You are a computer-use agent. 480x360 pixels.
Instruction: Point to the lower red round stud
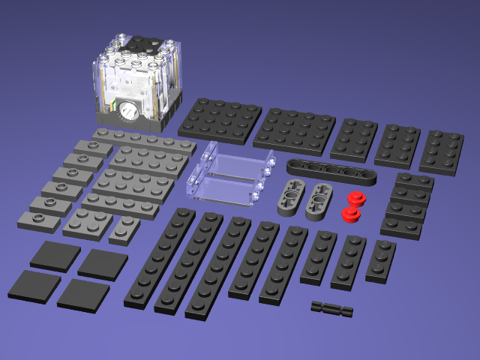349,214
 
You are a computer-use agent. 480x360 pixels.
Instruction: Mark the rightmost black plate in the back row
442,152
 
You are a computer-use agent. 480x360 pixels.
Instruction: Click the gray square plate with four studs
88,223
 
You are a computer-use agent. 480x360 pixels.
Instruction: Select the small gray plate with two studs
124,230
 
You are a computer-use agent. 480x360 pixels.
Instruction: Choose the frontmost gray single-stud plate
38,221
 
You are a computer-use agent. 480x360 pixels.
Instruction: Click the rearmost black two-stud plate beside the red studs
415,182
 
